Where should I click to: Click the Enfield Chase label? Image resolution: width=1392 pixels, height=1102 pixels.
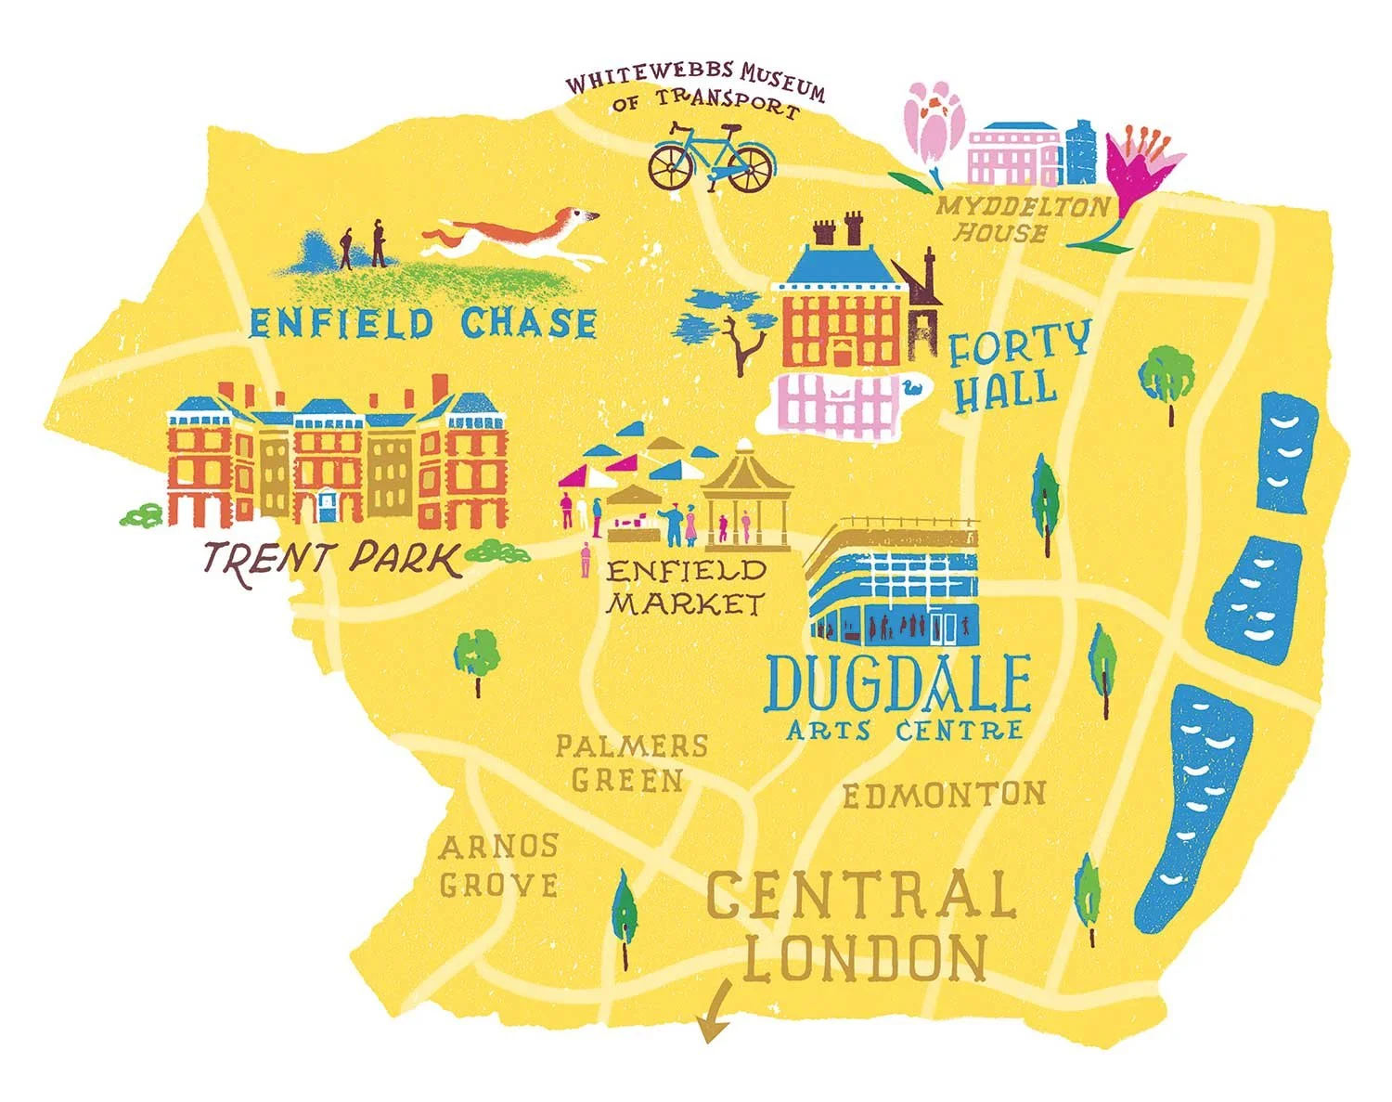[423, 323]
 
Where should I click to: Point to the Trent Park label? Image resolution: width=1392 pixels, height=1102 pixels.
[331, 560]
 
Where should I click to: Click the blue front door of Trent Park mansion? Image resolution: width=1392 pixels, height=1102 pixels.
[327, 507]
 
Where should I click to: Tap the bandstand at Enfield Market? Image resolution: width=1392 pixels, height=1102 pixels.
[745, 497]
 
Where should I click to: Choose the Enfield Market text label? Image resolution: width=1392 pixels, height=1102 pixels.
[686, 587]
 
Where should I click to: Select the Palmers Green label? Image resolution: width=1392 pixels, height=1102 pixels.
[630, 762]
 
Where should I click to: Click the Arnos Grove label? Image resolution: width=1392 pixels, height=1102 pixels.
[499, 865]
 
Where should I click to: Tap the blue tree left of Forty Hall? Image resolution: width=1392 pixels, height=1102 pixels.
[728, 320]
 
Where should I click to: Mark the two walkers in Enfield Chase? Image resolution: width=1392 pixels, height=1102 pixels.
[363, 246]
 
